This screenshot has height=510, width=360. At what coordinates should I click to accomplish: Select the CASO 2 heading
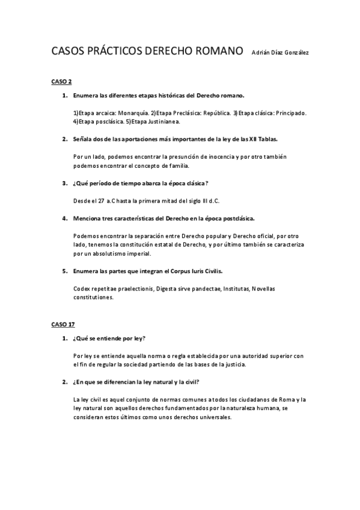(61, 81)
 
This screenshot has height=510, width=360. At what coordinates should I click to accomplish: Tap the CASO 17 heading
(63, 324)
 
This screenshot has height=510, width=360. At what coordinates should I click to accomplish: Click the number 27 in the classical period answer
(101, 200)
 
